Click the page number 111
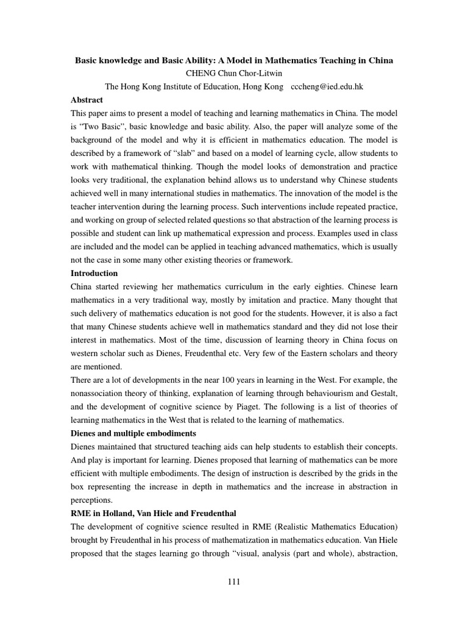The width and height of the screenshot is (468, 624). pyautogui.click(x=233, y=581)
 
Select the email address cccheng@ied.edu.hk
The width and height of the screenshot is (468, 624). pyautogui.click(x=327, y=87)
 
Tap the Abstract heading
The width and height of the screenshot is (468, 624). pyautogui.click(x=87, y=100)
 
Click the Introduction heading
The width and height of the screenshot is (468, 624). pyautogui.click(x=94, y=273)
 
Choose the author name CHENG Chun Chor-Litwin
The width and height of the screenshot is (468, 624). pyautogui.click(x=233, y=74)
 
